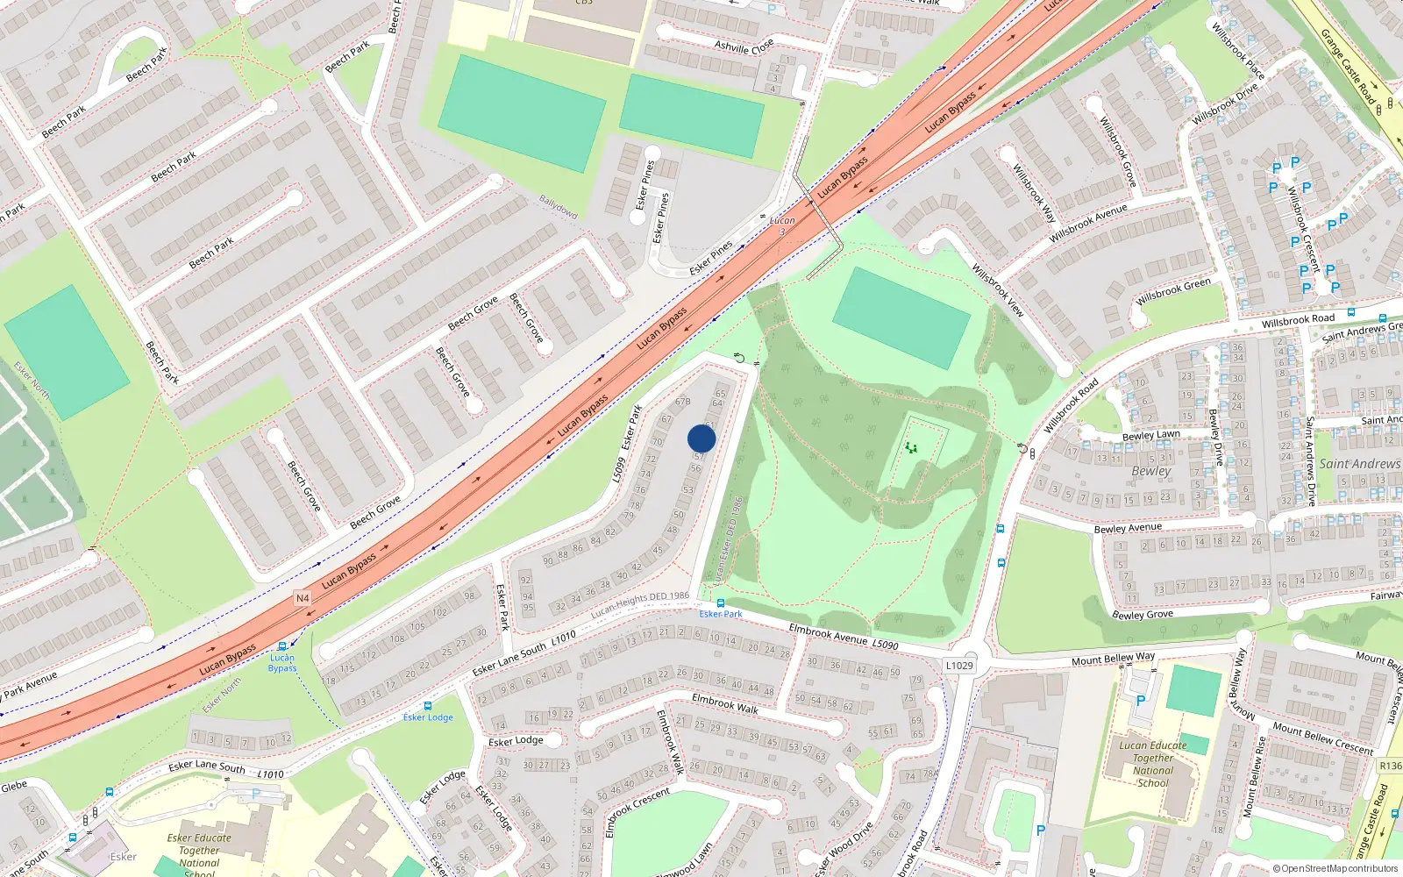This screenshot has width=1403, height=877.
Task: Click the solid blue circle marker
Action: click(701, 438)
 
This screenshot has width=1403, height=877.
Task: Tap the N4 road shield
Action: click(303, 598)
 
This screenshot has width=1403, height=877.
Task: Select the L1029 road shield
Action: click(959, 666)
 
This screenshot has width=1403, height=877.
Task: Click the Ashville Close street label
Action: click(744, 46)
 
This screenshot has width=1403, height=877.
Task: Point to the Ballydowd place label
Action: click(559, 207)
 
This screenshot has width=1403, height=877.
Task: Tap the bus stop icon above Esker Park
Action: click(721, 603)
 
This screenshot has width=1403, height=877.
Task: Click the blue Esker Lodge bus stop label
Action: click(428, 717)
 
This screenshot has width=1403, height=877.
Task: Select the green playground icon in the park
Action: click(912, 447)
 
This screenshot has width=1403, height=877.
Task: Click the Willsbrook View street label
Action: click(998, 289)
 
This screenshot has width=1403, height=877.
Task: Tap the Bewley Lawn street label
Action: click(1151, 436)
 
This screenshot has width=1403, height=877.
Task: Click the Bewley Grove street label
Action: click(1142, 615)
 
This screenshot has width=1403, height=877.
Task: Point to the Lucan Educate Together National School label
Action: click(1153, 764)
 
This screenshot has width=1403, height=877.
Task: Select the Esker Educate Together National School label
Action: click(199, 851)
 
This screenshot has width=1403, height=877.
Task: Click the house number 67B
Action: click(683, 402)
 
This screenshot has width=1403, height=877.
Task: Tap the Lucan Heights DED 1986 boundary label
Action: click(640, 604)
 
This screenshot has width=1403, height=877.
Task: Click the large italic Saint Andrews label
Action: click(1359, 463)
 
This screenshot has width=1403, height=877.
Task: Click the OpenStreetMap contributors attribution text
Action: click(1335, 869)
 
